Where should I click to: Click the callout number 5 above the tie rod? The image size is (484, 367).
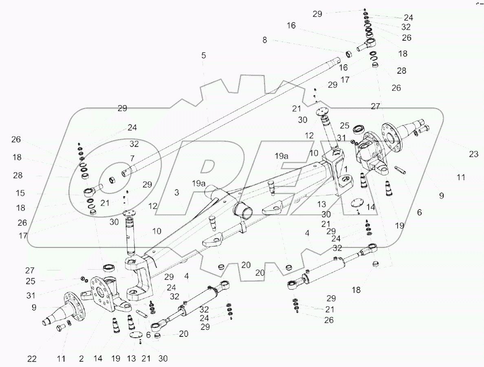click(203, 55)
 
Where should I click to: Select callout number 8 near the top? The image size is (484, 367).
click(265, 40)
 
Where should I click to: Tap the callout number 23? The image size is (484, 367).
click(473, 154)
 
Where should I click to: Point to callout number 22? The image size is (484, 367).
click(32, 359)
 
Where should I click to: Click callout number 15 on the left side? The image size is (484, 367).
click(20, 193)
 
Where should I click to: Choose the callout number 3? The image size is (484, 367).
click(176, 193)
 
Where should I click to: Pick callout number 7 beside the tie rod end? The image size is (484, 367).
click(132, 158)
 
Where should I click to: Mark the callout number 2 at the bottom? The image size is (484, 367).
click(81, 359)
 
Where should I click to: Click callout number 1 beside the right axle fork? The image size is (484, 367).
click(346, 169)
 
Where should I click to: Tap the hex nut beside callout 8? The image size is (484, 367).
click(348, 54)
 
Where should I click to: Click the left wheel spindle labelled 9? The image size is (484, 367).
click(63, 310)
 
